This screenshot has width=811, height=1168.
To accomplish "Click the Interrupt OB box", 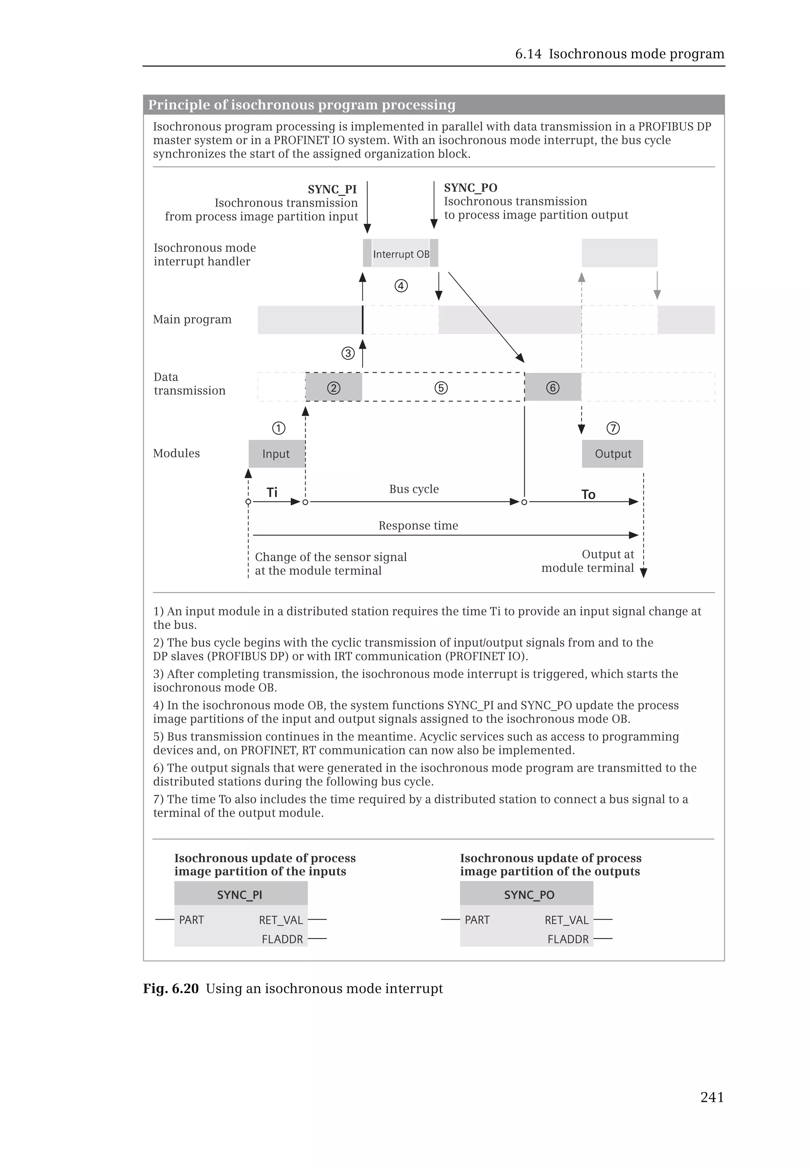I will [400, 253].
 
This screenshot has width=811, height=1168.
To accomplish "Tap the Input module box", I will [276, 453].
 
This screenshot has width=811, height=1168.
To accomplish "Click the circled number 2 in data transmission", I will [333, 388].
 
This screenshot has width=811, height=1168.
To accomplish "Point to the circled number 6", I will [552, 388].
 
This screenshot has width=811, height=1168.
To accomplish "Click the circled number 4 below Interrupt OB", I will [401, 286].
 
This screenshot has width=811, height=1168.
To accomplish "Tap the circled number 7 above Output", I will [613, 428].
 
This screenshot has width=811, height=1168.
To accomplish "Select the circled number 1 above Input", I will [278, 428].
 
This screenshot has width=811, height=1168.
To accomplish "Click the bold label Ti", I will [272, 492].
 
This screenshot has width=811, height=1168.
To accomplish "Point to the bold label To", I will [588, 495].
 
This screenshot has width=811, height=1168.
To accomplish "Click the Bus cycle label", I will [414, 489].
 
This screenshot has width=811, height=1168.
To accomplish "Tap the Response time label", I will [418, 526].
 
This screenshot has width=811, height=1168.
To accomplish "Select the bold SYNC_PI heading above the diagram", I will [332, 190].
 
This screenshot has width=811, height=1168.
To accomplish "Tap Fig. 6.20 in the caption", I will [171, 989].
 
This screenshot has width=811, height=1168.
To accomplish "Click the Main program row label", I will [192, 319].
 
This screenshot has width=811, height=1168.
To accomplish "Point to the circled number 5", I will [441, 388].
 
